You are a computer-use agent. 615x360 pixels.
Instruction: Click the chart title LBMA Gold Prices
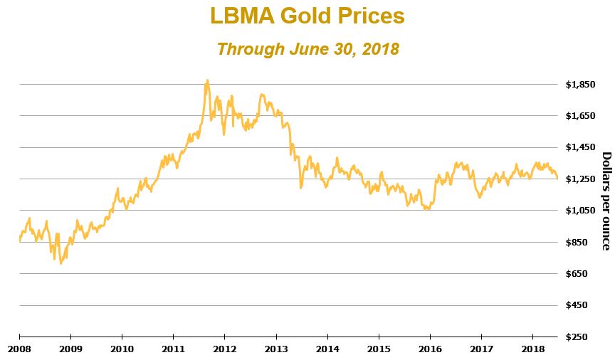[307, 16]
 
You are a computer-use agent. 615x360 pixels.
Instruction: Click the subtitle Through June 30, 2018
[307, 49]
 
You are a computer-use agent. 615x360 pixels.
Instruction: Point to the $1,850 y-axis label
[580, 85]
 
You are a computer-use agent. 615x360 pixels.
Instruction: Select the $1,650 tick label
[580, 116]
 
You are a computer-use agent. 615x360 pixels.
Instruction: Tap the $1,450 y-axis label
[580, 147]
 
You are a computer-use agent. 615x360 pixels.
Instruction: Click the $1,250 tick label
[580, 179]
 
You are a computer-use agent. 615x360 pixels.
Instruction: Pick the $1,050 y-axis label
[580, 211]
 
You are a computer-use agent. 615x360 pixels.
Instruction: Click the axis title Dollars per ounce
[606, 201]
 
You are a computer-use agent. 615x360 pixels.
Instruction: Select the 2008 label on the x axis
[19, 349]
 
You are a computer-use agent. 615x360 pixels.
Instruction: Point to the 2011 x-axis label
[173, 349]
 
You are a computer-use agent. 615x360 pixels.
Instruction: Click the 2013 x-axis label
[275, 349]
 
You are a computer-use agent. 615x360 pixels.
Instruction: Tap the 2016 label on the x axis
[430, 349]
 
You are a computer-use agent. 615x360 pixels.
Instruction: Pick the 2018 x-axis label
[532, 349]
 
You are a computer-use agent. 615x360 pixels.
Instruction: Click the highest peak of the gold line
[207, 80]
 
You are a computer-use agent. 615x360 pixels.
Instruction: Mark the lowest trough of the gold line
[61, 263]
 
